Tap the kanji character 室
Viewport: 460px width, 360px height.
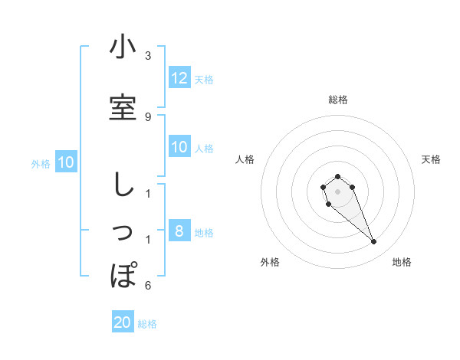coord(123,108)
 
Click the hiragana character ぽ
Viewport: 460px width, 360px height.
coord(123,274)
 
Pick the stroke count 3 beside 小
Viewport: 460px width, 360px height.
coord(148,56)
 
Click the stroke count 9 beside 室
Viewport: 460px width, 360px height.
coord(148,116)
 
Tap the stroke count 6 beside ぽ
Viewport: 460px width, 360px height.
coord(148,286)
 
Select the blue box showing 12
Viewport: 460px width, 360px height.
coord(179,78)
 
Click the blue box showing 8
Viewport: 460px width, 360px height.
coord(179,231)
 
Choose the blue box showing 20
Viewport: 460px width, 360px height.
coord(123,322)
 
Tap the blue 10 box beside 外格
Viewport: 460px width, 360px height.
coord(66,162)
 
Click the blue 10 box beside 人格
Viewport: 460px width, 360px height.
coord(179,147)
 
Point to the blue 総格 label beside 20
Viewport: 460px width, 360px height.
coord(147,324)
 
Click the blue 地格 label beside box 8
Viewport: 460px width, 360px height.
coord(204,233)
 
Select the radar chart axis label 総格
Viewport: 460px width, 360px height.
coord(338,100)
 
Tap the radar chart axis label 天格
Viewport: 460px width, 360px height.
coord(432,159)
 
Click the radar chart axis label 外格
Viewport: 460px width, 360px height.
coord(270,263)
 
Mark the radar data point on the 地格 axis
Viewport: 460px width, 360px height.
coord(374,242)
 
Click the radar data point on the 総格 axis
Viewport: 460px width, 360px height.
coord(338,176)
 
